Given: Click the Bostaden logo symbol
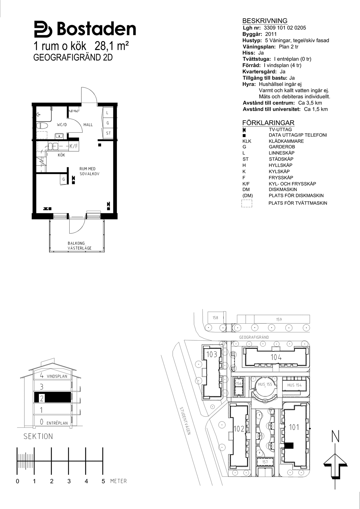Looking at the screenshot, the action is click(43, 29).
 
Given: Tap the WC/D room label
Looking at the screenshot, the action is click(62, 125).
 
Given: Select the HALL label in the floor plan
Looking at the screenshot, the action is click(88, 125).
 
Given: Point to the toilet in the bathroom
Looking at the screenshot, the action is click(42, 125).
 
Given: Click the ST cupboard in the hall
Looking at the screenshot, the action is click(108, 133).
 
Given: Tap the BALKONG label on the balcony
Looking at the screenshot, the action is click(76, 243).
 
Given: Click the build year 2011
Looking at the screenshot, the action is click(271, 34).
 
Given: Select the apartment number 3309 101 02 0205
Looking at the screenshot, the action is click(285, 28).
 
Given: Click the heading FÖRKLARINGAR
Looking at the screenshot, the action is click(268, 123).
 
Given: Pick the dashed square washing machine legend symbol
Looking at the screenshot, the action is click(247, 203).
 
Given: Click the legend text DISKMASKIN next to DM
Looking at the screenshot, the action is click(283, 189).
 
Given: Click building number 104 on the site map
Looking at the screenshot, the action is click(276, 357).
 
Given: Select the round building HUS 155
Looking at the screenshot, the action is click(265, 386).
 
